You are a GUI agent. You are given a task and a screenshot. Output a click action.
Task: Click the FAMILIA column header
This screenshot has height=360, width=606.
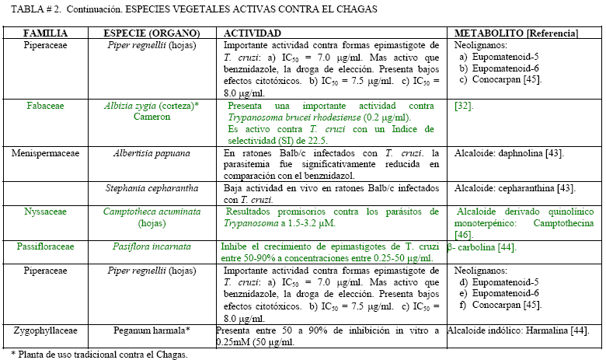pos(44,34)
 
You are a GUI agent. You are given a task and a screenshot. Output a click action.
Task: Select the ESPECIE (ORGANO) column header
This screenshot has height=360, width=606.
pos(151,34)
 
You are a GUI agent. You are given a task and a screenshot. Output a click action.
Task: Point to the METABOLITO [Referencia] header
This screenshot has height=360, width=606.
pos(516,34)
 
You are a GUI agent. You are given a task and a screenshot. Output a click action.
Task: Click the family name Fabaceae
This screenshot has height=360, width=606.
pos(45,105)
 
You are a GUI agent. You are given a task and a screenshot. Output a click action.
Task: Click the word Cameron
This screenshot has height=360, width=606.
pos(151,117)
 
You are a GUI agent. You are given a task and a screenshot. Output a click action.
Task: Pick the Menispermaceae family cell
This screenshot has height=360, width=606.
pos(45,153)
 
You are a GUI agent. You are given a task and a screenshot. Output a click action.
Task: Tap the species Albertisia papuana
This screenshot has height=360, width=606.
pos(151,153)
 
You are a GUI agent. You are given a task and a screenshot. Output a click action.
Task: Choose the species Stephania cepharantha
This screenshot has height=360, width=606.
pos(151,189)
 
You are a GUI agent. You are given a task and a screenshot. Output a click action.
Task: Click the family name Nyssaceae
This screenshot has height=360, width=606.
pos(45,211)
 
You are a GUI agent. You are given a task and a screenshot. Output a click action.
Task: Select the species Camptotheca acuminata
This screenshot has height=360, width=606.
pos(151,211)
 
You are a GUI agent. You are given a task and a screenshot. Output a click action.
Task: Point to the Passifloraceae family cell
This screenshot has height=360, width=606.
pos(45,246)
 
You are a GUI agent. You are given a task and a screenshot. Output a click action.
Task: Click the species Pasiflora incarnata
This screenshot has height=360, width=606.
pos(151,246)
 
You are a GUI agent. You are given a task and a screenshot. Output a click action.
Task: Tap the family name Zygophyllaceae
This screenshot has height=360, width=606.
pos(45,330)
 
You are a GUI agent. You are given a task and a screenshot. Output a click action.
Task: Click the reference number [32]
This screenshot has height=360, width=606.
pos(465,105)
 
